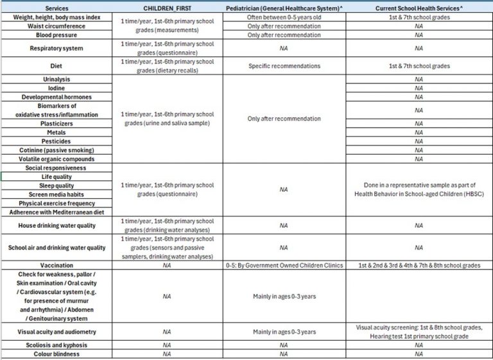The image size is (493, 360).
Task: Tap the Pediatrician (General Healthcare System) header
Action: coord(284,8)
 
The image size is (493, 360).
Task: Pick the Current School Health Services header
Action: coord(419,8)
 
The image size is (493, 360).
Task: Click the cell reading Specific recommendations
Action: coord(284,66)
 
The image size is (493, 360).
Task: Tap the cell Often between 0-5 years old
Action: coord(284,17)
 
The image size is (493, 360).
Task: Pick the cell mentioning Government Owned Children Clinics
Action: coord(284,265)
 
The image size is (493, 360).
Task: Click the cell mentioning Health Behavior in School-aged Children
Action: coord(419,189)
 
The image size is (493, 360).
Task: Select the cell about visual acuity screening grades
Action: coord(419,332)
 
